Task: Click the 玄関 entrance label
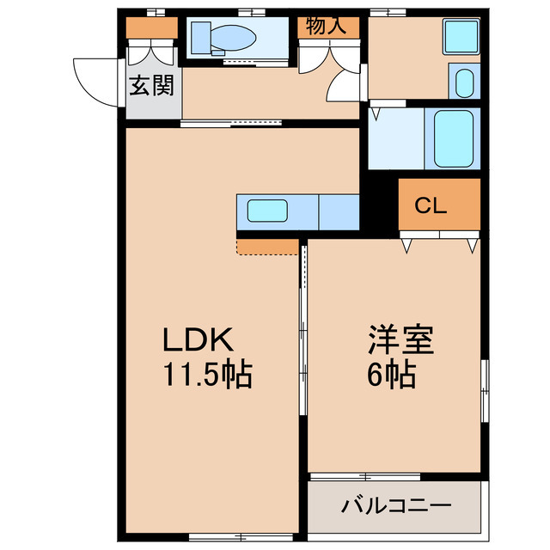coord(151,85)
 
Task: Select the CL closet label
coord(431,205)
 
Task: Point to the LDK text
coord(198,339)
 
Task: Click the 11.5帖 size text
coord(208,374)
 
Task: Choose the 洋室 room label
coord(401,339)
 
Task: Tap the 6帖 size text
coord(392,374)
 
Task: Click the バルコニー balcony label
coord(396,505)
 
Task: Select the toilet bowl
coord(233,38)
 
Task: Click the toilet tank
coord(201,38)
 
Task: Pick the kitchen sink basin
coord(267,211)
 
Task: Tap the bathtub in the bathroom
coord(454,138)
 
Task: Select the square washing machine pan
coord(461,36)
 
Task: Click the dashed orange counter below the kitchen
coord(267,247)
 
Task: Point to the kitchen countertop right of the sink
coord(339,212)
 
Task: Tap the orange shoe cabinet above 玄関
coord(152,27)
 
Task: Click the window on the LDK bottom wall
coord(241,536)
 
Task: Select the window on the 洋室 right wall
coord(485,390)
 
